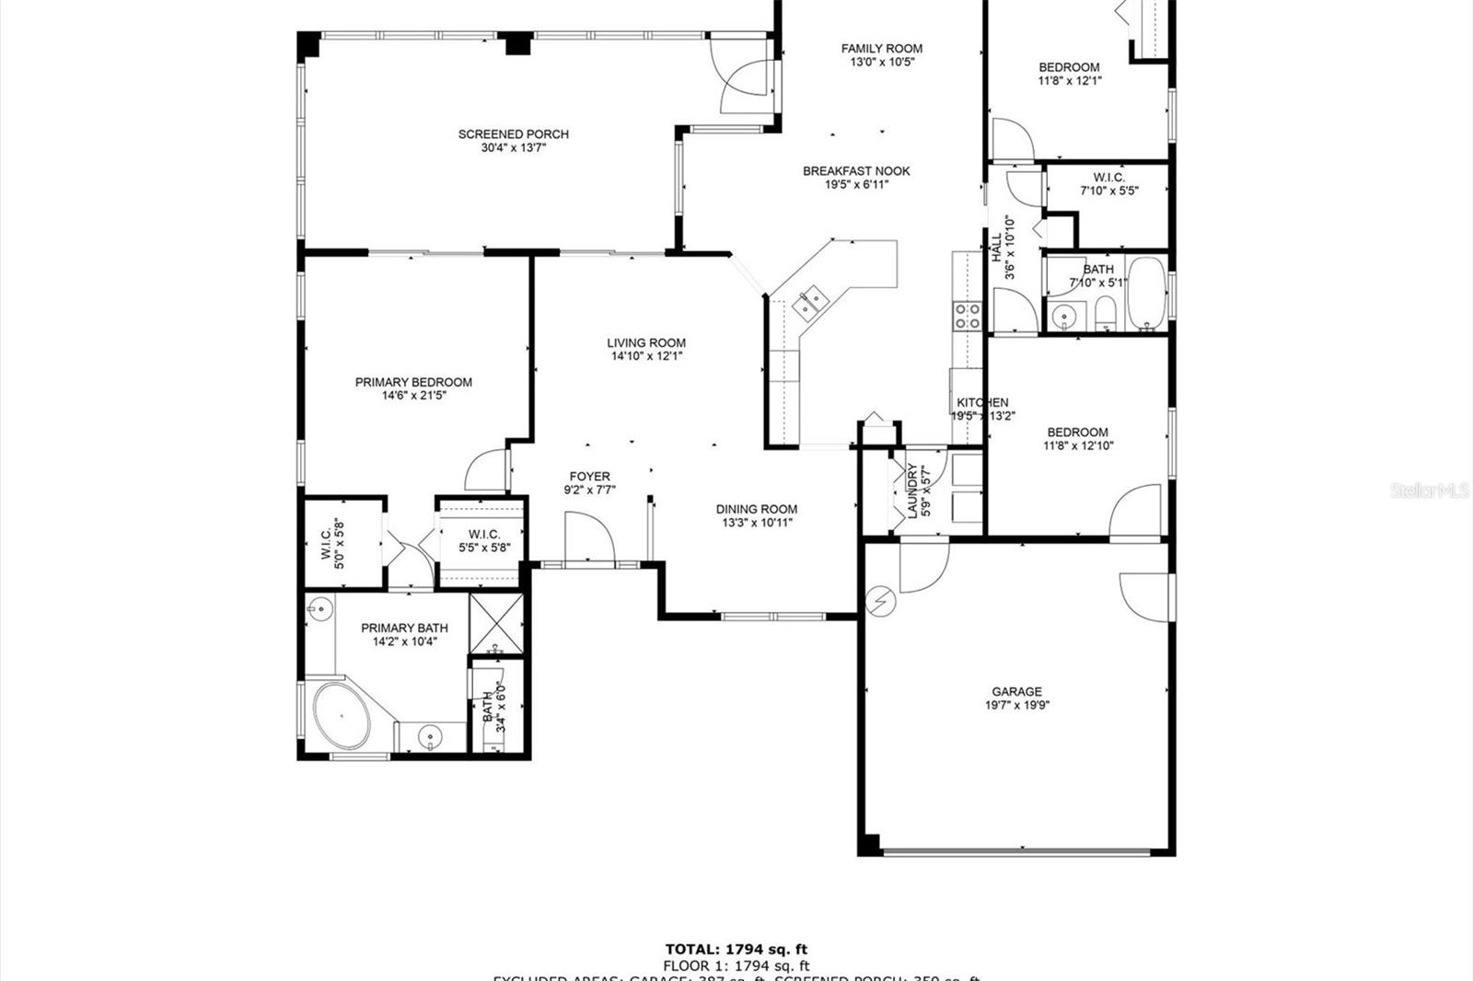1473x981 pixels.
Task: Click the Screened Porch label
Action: (513, 134)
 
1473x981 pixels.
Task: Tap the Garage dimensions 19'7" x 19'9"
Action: (1016, 706)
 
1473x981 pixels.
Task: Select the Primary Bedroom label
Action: (413, 382)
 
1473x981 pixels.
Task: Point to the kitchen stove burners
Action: (968, 316)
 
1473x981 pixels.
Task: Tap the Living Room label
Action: (645, 342)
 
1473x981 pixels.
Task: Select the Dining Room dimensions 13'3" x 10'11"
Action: (757, 523)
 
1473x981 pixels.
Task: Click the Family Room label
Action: (881, 49)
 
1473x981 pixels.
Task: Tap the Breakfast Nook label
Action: (856, 170)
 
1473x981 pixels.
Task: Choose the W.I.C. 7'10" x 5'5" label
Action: (1108, 178)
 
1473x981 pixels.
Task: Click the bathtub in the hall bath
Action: (1147, 294)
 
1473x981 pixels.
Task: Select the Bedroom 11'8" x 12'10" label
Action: (1077, 432)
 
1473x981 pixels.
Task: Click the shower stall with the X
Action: (496, 624)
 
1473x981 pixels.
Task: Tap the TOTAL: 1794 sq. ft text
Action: (736, 949)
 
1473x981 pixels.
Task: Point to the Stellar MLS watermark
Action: (1429, 491)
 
